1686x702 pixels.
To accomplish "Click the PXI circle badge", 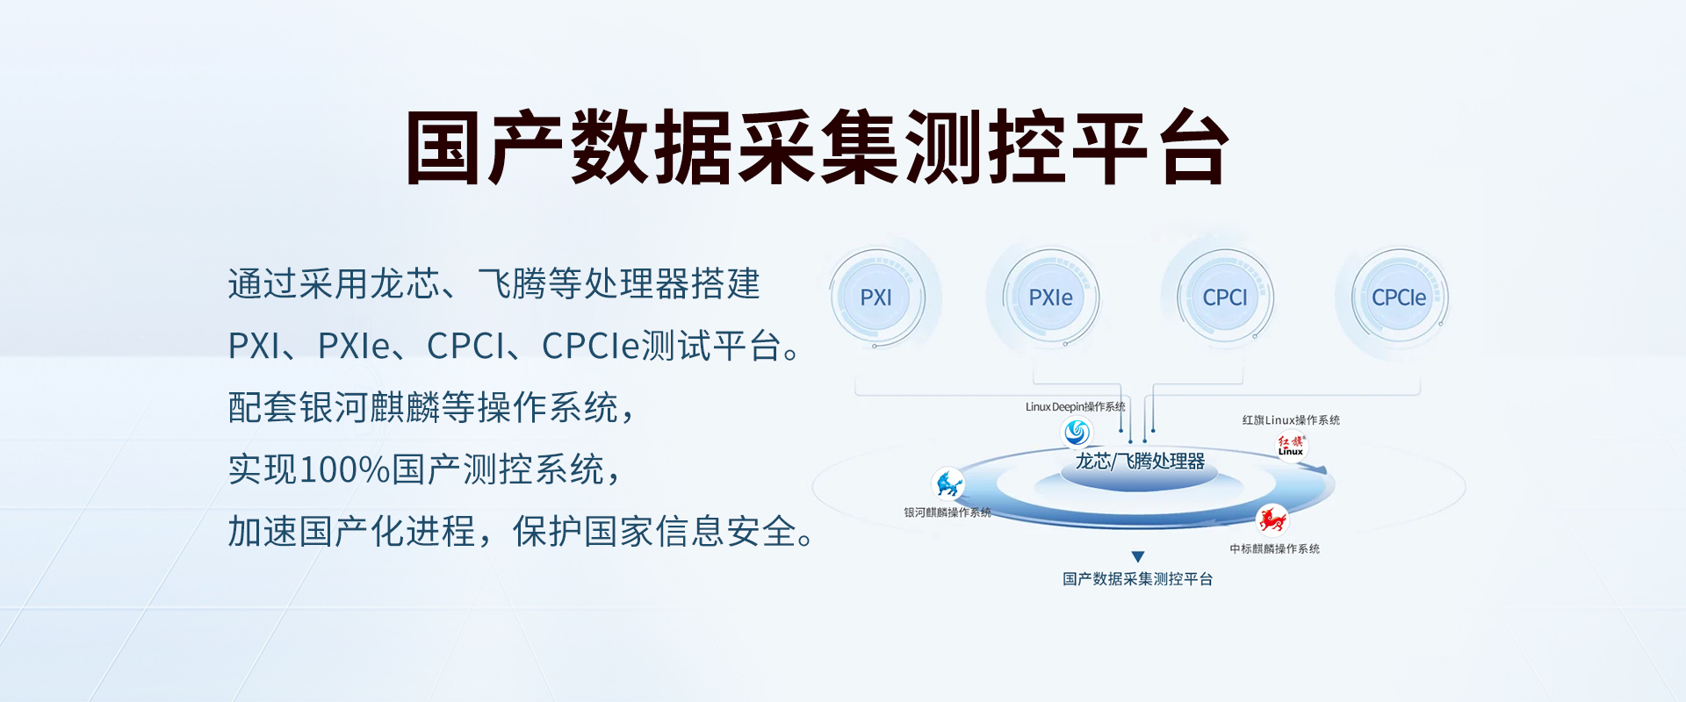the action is (876, 297).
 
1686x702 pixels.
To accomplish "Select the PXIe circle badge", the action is (1050, 297).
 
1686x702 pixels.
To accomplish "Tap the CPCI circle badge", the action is (1225, 297).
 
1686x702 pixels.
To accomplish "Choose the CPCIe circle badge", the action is (1399, 297).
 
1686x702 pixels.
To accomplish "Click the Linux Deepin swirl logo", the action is (1077, 432).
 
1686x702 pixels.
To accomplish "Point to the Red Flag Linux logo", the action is (1291, 446).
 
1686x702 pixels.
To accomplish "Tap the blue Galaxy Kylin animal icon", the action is (948, 484).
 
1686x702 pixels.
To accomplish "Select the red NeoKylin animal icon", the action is (1272, 519).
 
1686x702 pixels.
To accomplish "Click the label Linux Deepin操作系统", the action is (1075, 407).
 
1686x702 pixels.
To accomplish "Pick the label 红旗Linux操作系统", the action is (1291, 420).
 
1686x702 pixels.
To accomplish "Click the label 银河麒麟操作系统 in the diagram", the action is (947, 512).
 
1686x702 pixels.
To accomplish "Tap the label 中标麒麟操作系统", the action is (1274, 549).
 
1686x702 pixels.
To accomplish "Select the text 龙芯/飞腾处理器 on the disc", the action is (1140, 462).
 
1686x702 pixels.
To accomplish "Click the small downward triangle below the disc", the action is (1138, 556).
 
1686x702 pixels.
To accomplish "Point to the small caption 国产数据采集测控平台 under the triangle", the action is (1137, 579).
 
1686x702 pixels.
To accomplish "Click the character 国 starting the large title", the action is (443, 147).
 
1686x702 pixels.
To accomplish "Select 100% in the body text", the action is (345, 469).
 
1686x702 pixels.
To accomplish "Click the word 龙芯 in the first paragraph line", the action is (405, 284).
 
